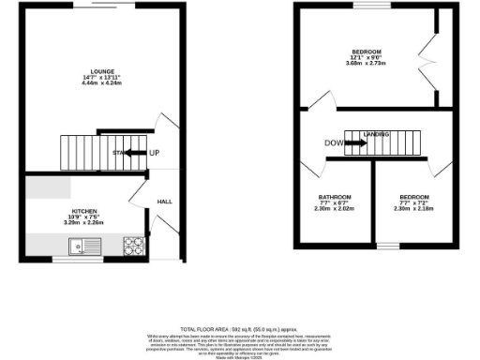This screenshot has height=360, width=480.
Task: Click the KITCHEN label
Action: (85, 212)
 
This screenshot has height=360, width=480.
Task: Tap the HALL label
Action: (164, 202)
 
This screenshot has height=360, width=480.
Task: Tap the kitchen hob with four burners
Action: (132, 247)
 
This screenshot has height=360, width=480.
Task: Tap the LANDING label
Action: (377, 135)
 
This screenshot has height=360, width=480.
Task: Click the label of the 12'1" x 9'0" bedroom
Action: (367, 51)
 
